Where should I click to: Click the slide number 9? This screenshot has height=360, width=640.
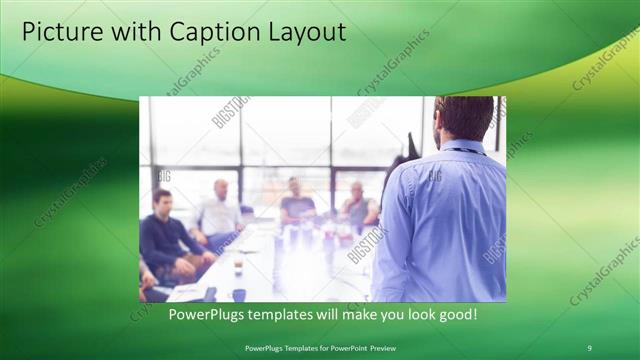pos(589,347)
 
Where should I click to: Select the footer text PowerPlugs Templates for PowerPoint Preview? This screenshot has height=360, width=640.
pos(319,347)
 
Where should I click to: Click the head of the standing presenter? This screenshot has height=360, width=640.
pos(463,118)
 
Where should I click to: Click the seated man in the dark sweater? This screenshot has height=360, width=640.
pos(165,235)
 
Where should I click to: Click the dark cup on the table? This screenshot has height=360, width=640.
pos(239,294)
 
